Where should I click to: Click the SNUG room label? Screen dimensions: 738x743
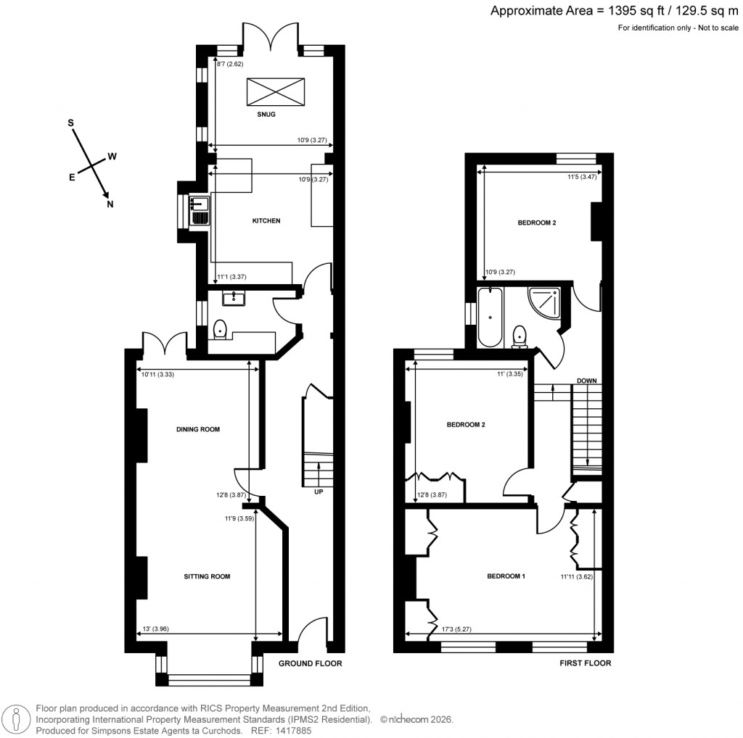tap(266, 115)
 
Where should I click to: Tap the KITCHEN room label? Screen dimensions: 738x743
tap(266, 221)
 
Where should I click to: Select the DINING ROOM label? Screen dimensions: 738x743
tap(198, 429)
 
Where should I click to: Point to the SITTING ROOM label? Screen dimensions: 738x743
tap(207, 577)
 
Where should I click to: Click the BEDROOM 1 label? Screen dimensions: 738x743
tap(505, 576)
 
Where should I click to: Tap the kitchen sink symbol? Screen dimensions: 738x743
tap(198, 211)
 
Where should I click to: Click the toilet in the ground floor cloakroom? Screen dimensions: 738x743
tap(222, 331)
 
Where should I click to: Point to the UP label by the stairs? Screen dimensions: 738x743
tap(318, 492)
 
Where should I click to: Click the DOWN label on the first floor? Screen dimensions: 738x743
tap(586, 381)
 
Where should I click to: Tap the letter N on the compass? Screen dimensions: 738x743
tap(110, 204)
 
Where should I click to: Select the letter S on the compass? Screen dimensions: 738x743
tap(71, 123)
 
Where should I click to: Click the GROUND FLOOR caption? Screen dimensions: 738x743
tap(311, 663)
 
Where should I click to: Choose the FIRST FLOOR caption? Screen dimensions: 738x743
tap(586, 663)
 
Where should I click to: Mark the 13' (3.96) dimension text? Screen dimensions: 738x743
tap(157, 629)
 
